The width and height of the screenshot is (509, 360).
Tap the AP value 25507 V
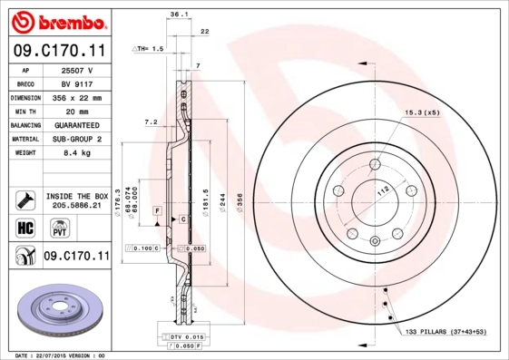(76, 70)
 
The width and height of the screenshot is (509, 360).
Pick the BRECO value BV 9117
(76, 83)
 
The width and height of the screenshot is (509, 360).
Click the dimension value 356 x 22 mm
(76, 97)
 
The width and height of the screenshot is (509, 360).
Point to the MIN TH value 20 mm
(76, 111)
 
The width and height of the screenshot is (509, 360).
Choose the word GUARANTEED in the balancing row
(76, 125)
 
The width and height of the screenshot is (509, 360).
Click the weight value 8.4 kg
(76, 153)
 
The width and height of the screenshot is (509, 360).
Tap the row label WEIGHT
(24, 153)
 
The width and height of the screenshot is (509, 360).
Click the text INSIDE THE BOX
(76, 196)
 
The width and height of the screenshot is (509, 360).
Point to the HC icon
(24, 227)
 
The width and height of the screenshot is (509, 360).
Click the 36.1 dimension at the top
(179, 14)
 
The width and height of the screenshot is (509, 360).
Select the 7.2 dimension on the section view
(151, 122)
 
